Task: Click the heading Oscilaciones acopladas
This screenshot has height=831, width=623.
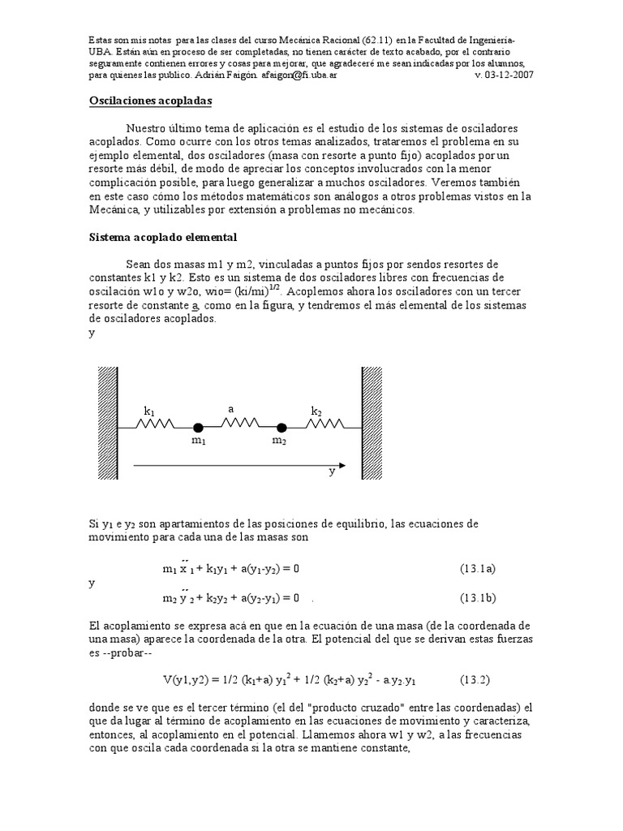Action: pos(149,101)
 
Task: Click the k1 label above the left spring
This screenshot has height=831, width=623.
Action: pos(149,412)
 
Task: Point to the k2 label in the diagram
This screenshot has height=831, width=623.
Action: pos(316,412)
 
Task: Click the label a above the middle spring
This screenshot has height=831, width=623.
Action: pos(231,410)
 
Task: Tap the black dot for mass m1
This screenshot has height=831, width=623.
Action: pos(198,427)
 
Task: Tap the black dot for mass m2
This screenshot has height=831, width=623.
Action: pos(281,427)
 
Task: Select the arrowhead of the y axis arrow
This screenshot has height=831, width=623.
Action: pos(342,466)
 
